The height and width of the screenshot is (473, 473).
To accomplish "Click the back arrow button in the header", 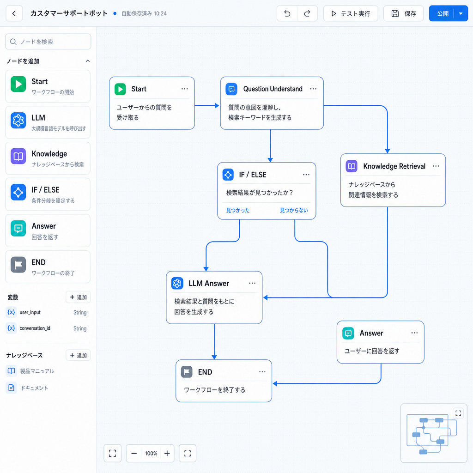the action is [14, 13].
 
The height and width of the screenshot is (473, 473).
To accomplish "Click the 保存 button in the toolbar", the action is [403, 13].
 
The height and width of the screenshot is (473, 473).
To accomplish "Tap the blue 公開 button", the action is [443, 13].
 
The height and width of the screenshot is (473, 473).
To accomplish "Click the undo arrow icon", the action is [287, 13].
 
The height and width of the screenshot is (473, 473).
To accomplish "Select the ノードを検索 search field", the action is [48, 42].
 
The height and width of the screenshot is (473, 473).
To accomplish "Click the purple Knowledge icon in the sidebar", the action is [18, 156].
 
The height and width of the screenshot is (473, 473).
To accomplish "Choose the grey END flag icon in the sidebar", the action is [18, 265].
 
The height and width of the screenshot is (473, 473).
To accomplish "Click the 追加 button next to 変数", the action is [78, 297].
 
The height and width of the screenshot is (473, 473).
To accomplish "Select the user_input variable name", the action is [30, 313].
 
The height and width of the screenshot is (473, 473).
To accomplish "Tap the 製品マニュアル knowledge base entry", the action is [37, 371].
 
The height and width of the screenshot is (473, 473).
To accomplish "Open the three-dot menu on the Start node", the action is [185, 89].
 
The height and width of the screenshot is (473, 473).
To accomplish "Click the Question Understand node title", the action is [273, 89].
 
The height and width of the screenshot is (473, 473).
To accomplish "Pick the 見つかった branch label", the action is [238, 210].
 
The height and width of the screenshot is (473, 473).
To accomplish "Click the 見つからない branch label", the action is [294, 210].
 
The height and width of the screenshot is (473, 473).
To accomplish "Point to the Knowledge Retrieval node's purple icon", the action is [352, 166].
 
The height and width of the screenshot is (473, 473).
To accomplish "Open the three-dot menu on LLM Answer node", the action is [252, 283].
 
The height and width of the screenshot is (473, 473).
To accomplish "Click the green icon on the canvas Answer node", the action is [348, 334].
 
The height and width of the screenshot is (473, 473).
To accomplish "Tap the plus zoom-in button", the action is [167, 453].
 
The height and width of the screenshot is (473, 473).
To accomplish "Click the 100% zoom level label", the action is [151, 454].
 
